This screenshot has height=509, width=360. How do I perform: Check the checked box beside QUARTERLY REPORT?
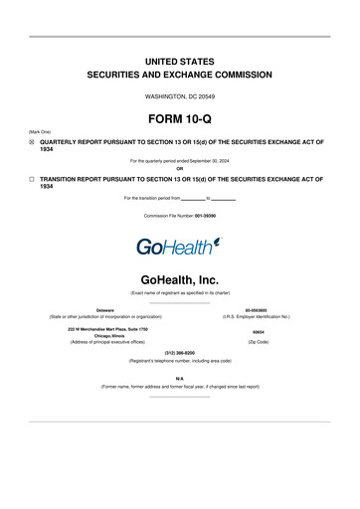(x=31, y=142)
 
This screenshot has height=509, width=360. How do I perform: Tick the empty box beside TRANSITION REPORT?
(x=31, y=179)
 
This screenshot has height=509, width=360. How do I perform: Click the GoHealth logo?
(x=179, y=244)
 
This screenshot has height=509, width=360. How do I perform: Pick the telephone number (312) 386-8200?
(x=180, y=353)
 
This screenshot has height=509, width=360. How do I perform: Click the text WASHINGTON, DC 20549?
(x=180, y=95)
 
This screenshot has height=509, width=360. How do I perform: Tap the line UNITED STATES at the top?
(x=180, y=61)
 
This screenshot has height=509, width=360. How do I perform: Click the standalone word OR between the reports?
(x=180, y=167)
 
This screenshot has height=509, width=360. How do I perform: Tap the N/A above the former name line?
(x=180, y=378)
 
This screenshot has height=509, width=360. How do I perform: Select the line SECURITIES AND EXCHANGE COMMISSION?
(x=180, y=76)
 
